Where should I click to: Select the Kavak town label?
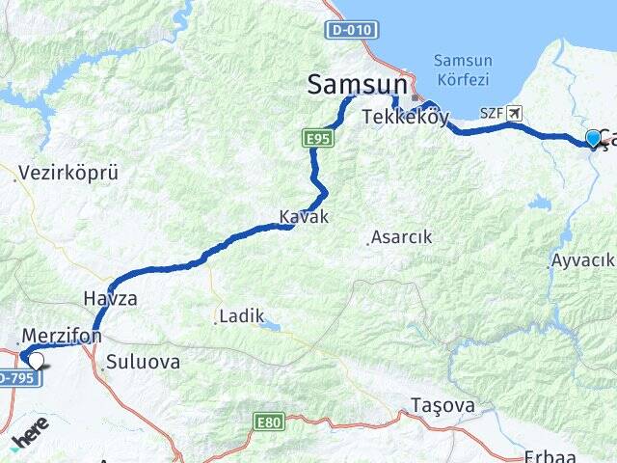304,217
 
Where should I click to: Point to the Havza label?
110,298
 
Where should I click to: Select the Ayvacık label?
582,260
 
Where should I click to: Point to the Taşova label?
443,405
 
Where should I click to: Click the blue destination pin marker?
593,139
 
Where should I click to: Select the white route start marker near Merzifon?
36,361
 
